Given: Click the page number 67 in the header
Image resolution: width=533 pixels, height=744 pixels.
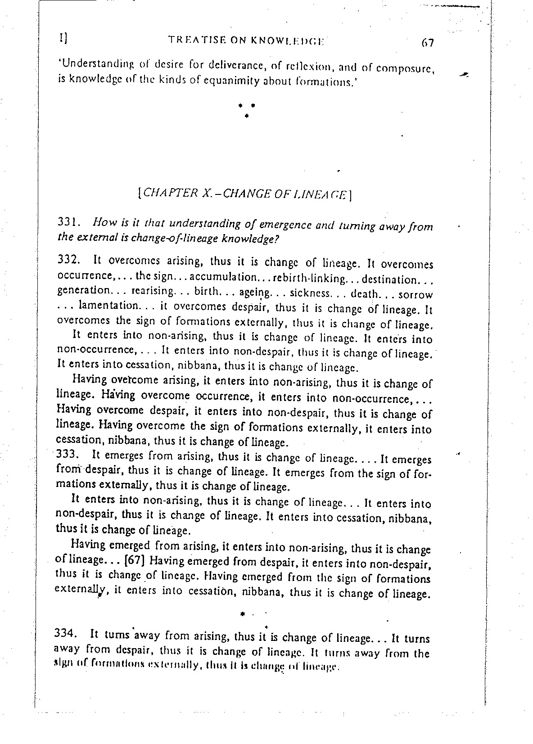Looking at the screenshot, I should click(x=427, y=44).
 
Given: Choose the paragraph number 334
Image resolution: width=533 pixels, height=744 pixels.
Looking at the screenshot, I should click(x=66, y=634).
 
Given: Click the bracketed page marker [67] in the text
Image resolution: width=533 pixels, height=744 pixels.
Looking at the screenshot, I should click(x=133, y=561).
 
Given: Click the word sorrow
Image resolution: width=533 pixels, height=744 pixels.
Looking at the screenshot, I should click(x=415, y=295).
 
